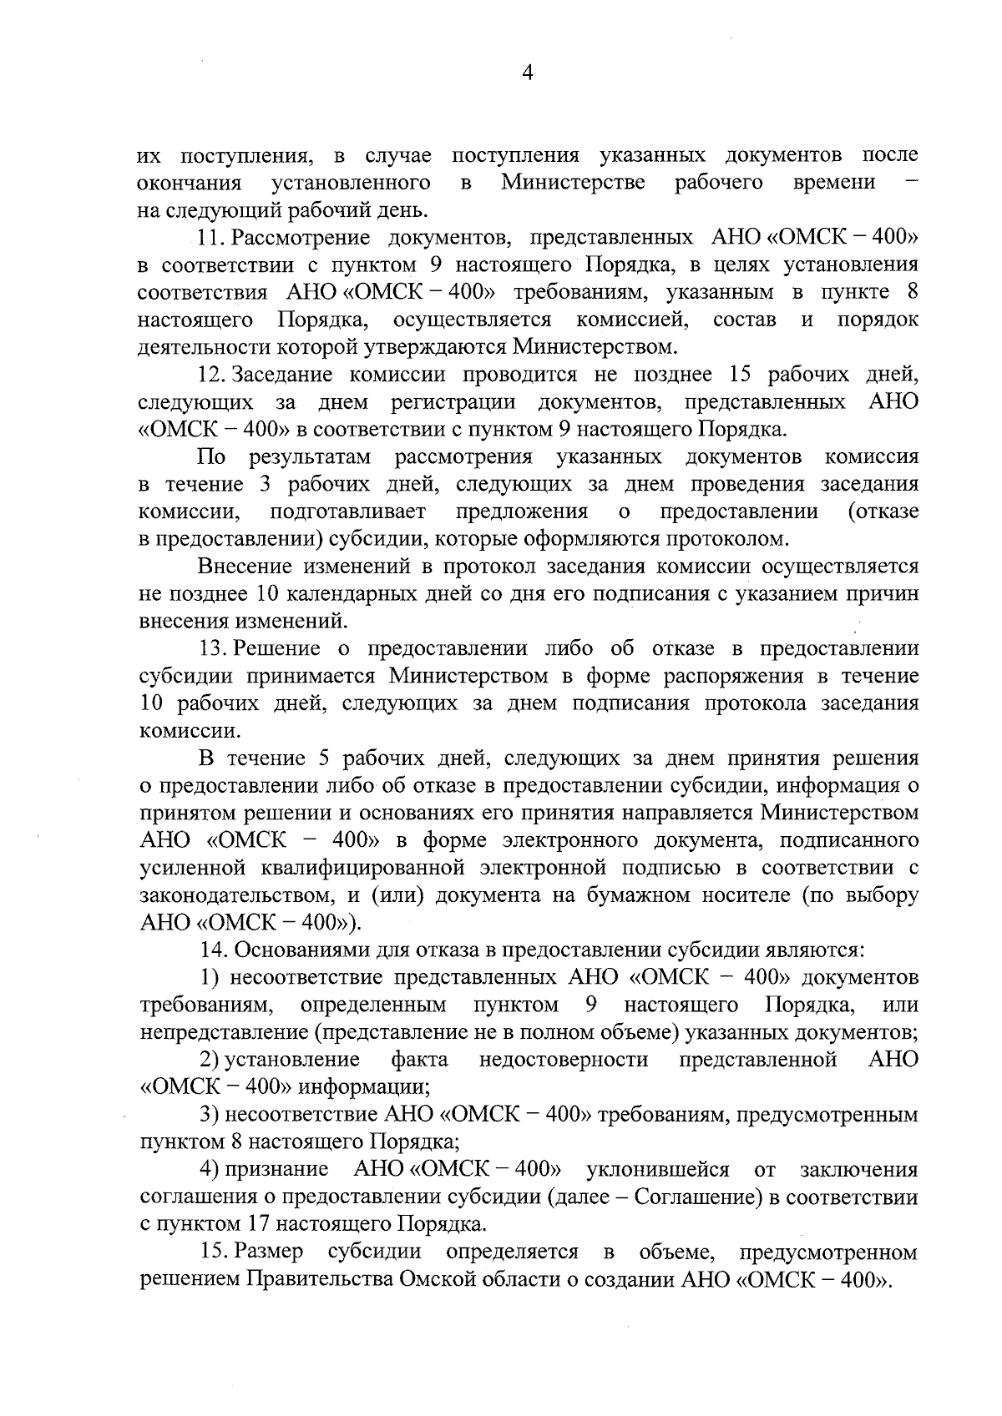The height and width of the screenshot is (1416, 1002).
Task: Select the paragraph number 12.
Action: click(x=213, y=375)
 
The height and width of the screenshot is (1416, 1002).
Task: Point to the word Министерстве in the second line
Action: click(x=574, y=183)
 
